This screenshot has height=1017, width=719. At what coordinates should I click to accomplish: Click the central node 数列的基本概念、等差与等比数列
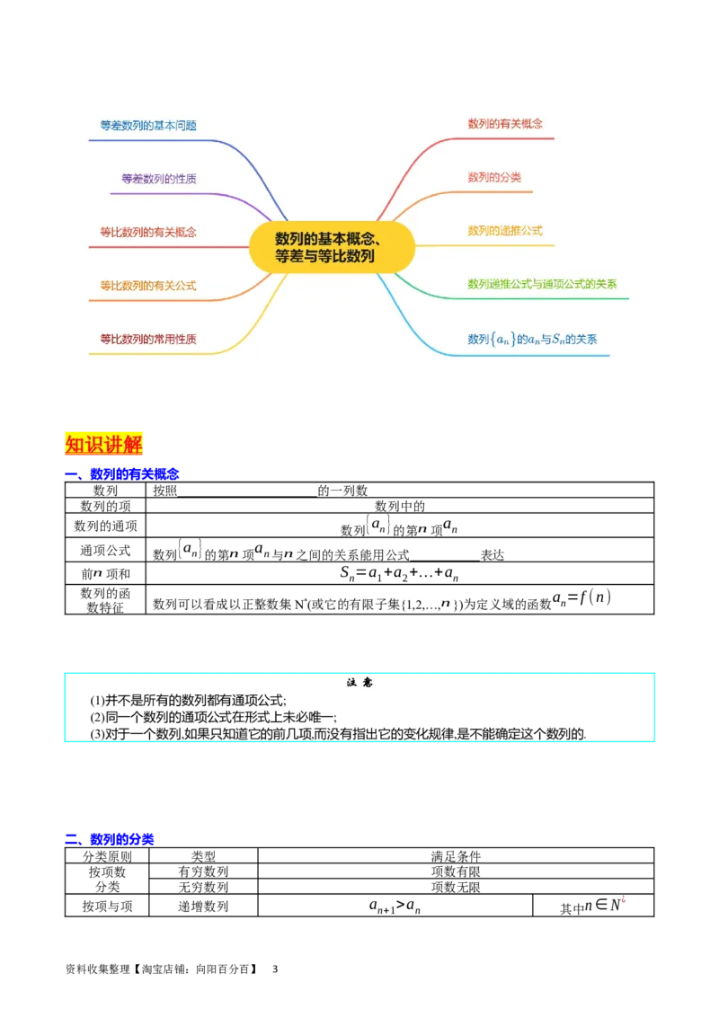[333, 247]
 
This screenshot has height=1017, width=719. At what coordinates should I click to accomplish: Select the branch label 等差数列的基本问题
[148, 126]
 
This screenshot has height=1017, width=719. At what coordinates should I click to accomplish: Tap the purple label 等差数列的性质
[159, 179]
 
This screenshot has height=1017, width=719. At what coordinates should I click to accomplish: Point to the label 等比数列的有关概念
[148, 232]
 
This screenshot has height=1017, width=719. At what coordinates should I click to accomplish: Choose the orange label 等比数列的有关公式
[148, 286]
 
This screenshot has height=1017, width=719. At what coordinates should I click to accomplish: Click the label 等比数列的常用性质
[148, 339]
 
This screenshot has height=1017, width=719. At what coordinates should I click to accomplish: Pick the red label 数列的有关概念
[505, 123]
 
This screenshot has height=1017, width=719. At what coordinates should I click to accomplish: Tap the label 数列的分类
[494, 177]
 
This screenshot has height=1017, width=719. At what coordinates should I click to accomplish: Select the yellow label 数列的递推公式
[505, 230]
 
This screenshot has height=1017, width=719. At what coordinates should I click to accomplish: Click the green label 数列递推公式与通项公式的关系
[542, 284]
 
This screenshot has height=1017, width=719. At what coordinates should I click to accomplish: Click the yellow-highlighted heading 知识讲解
[104, 445]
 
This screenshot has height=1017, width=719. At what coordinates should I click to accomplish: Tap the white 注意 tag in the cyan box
[359, 683]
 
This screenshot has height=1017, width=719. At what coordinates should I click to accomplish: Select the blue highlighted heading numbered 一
[133, 473]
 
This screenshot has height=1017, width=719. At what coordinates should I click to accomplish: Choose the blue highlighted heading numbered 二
[122, 838]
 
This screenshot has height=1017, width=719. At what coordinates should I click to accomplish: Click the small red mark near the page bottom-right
[623, 899]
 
